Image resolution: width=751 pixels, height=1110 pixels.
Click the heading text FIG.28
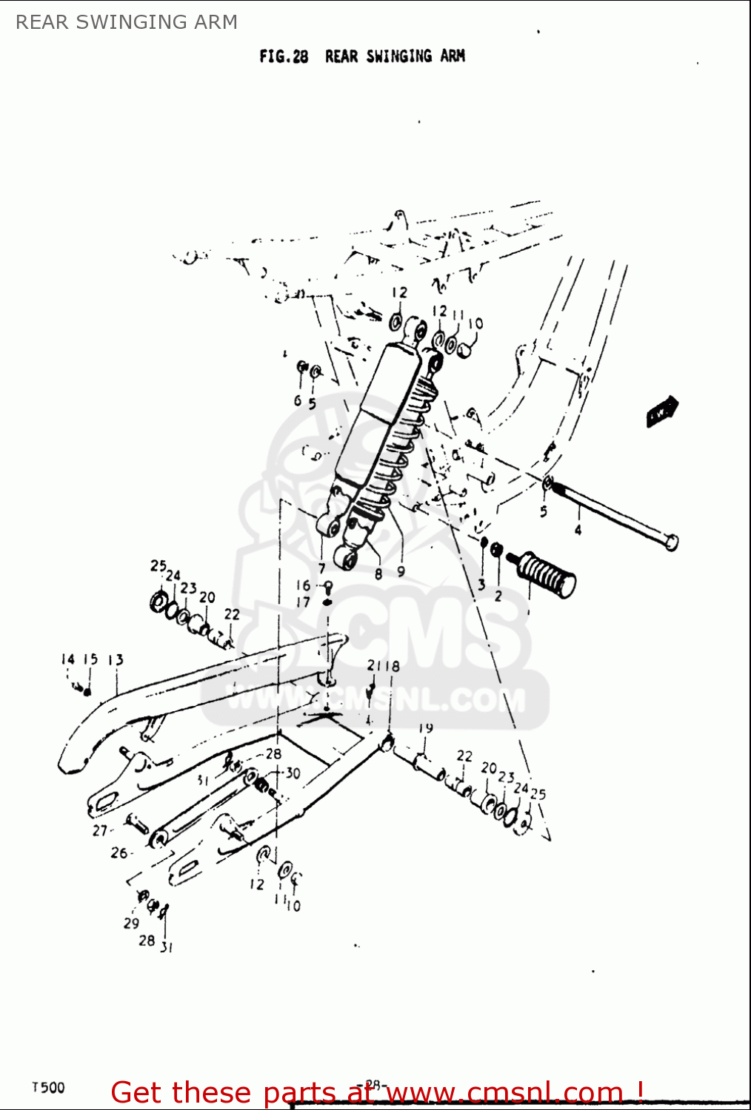point(284,57)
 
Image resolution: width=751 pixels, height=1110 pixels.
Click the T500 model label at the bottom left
point(48,1087)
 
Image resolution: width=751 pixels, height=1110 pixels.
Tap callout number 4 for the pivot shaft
point(578,530)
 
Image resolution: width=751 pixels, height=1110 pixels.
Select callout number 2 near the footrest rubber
point(498,596)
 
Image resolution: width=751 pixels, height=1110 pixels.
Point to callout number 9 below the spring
point(401,571)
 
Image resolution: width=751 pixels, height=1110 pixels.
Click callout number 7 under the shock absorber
point(321,568)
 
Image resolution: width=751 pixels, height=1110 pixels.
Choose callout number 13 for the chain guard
point(116,659)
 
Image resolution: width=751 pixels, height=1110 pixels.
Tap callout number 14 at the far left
point(67,659)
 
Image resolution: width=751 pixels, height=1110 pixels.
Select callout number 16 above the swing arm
point(303,585)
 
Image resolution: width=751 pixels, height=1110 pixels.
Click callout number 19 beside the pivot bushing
point(425,728)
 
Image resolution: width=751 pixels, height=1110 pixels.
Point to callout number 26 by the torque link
point(119,852)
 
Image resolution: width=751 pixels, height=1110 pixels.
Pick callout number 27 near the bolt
point(100,830)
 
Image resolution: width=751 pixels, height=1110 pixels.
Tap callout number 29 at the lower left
point(131,923)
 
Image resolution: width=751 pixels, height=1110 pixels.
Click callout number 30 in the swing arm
point(293,773)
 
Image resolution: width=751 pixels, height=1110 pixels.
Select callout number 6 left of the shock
point(297,400)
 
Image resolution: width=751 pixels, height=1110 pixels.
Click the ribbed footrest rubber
point(548,574)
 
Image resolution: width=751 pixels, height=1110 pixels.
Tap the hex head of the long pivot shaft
point(670,542)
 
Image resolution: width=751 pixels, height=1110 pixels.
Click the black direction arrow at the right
point(661,411)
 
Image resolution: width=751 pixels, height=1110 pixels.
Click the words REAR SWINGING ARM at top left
point(127,22)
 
